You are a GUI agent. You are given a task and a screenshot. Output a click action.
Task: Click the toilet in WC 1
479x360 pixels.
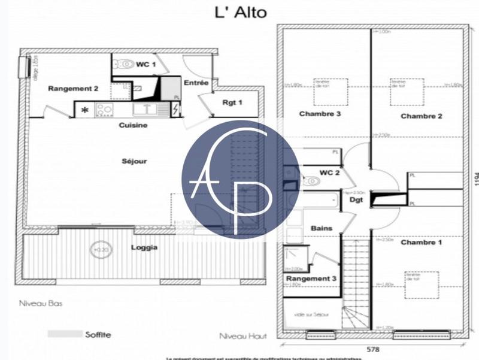(125, 65)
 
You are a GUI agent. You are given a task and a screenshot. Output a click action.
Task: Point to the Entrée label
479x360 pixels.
(196, 83)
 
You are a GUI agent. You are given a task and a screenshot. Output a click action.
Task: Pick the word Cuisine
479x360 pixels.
(133, 125)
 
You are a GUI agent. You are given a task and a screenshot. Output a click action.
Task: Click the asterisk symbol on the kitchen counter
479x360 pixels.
(85, 110)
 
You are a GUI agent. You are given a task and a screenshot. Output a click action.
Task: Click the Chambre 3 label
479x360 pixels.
(320, 114)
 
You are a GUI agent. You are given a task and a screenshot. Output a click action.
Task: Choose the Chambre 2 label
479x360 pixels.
(421, 116)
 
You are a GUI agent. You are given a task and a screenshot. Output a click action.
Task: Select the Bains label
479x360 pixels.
(322, 229)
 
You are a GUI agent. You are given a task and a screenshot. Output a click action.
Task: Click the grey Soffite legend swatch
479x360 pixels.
(64, 334)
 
